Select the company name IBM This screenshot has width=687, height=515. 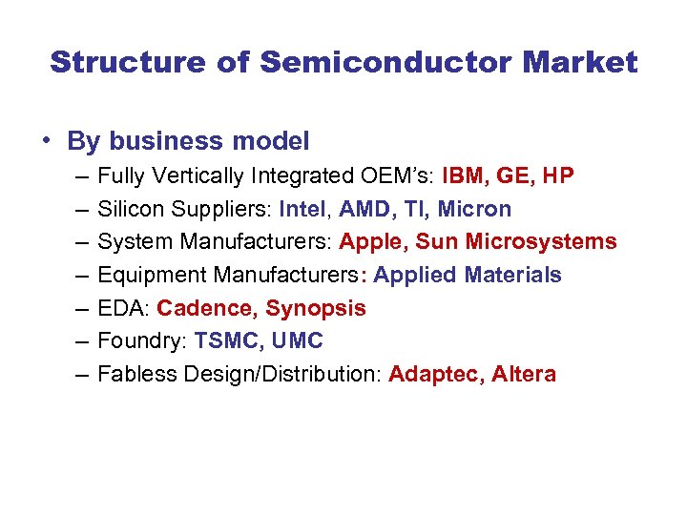(x=465, y=175)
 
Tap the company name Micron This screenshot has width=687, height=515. (x=474, y=209)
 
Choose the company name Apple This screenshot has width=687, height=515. (x=371, y=241)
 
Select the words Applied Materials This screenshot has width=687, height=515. (x=468, y=275)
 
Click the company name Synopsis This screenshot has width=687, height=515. (x=315, y=308)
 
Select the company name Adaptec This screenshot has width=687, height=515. (x=434, y=374)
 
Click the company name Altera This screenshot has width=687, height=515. (x=524, y=374)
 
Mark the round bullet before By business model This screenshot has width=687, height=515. (x=45, y=142)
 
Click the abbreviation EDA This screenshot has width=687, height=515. (x=122, y=308)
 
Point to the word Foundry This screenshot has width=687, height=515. (x=139, y=340)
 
